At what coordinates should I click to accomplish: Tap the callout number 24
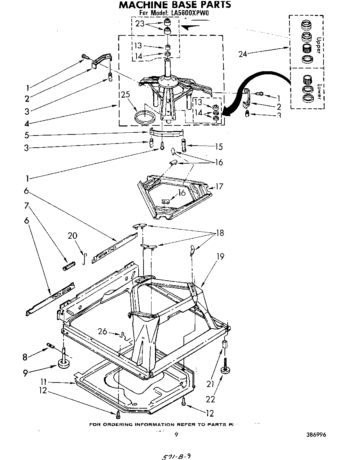pos(243,54)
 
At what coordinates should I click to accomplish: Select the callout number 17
pos(219,187)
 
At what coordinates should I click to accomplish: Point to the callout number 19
pos(220,257)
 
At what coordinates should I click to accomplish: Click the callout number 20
pos(72,236)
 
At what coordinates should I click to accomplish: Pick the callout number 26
pos(102,332)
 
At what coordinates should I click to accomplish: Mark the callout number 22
pos(211,400)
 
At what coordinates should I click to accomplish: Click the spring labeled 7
pos(68,267)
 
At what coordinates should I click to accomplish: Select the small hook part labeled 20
pos(84,258)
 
